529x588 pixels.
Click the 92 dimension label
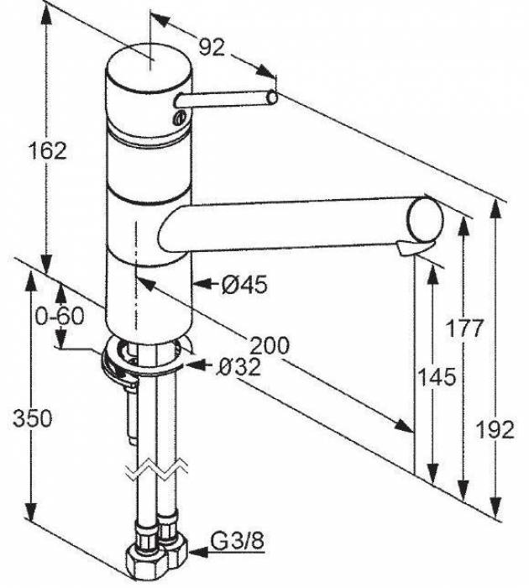(212, 48)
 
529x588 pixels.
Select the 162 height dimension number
(48, 150)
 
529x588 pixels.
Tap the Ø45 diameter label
(244, 285)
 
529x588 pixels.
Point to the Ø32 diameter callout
(239, 367)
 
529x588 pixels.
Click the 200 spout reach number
(270, 345)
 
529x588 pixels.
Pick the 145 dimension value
(437, 377)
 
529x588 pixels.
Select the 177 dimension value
(464, 329)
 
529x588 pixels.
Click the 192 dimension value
(495, 429)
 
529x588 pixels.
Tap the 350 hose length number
(33, 418)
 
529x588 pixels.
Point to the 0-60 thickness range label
(60, 317)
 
